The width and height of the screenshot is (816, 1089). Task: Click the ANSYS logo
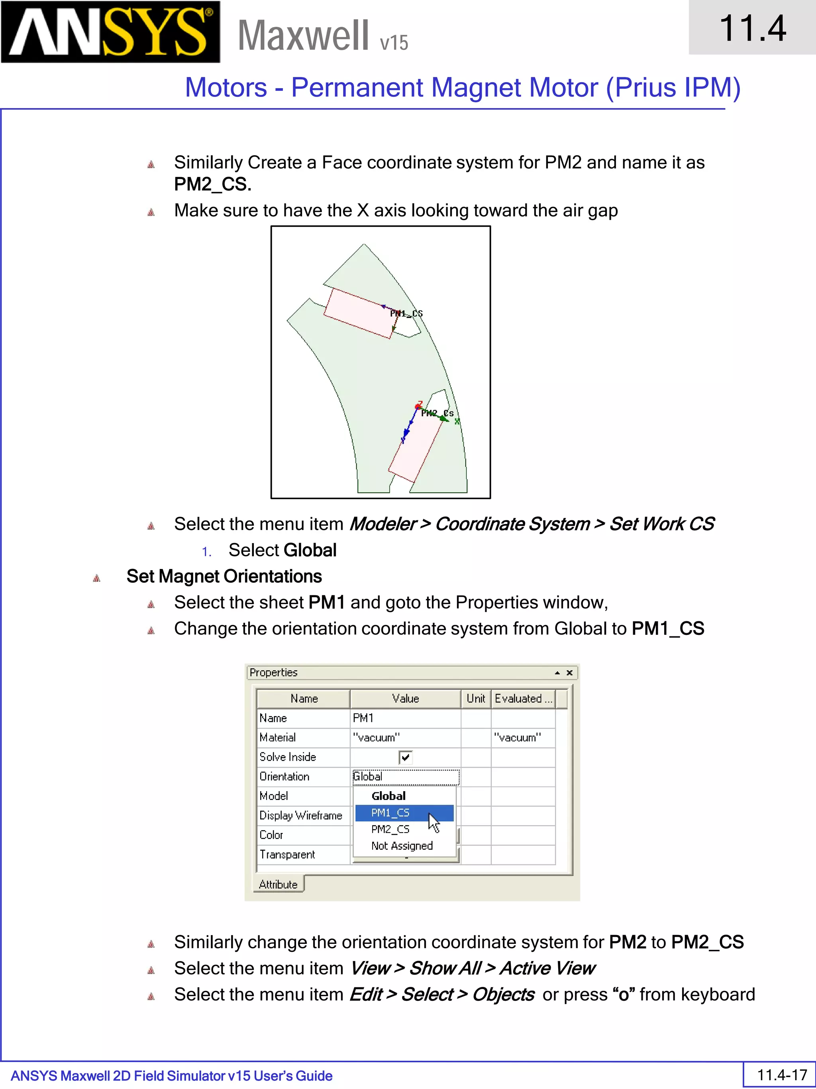[110, 32]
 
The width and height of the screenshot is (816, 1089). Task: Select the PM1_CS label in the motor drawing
[406, 313]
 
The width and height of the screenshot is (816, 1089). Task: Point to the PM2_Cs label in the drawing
[437, 413]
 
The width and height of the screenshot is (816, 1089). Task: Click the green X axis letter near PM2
[457, 421]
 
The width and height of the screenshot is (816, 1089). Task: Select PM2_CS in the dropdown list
[390, 829]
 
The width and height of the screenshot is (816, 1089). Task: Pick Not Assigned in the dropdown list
[402, 846]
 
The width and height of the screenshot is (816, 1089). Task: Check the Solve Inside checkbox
[405, 757]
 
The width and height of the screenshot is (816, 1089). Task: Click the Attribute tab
[279, 884]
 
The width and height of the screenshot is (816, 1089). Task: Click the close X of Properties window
[570, 673]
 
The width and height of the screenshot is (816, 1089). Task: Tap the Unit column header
[476, 699]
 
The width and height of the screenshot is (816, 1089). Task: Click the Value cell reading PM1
[405, 718]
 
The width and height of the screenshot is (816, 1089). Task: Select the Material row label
[278, 737]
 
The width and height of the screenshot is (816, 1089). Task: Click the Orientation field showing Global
[405, 776]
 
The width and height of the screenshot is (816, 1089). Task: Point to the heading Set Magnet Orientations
[224, 577]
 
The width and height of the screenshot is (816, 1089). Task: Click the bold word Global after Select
[310, 550]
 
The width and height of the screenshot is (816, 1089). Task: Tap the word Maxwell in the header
[303, 35]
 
